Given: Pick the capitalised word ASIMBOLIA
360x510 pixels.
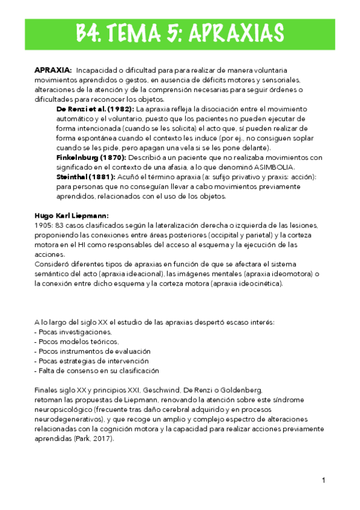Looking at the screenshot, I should [x=275, y=167].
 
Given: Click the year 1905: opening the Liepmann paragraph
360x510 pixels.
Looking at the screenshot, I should [x=44, y=225].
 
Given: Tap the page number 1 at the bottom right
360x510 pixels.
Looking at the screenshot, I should [x=323, y=480].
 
